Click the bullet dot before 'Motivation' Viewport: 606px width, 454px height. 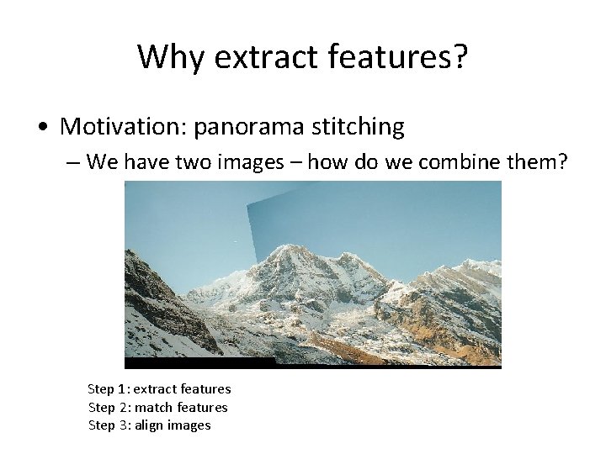pos(42,128)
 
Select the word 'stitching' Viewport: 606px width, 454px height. pos(358,127)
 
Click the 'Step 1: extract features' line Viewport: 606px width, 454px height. pos(159,389)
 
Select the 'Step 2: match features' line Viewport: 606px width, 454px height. pos(158,407)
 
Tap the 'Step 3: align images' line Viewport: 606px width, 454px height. pos(150,425)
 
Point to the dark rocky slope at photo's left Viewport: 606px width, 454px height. pos(151,294)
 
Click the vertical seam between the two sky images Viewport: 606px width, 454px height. pos(248,223)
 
